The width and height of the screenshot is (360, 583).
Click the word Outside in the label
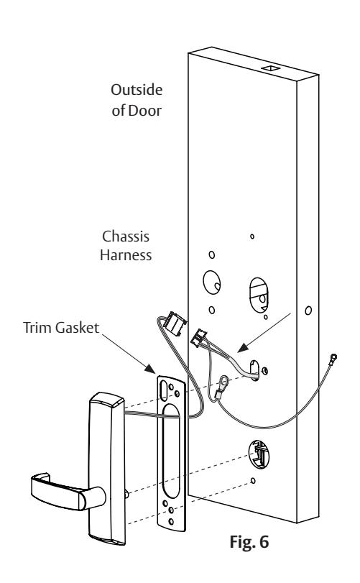[x=137, y=90]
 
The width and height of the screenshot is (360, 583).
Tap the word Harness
[x=126, y=255]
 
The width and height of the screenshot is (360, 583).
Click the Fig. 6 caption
[x=249, y=541]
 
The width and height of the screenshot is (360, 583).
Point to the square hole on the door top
[x=270, y=68]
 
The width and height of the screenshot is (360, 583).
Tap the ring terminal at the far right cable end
[x=333, y=359]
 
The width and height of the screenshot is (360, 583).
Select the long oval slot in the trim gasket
[x=171, y=451]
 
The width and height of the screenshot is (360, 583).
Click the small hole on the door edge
[x=308, y=310]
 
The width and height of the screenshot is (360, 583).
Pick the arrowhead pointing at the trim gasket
[x=150, y=369]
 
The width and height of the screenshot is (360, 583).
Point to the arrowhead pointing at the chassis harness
[x=242, y=348]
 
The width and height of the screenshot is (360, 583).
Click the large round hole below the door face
[x=259, y=454]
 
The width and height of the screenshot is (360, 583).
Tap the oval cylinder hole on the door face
[x=259, y=295]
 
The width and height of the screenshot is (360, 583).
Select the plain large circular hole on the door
[x=212, y=283]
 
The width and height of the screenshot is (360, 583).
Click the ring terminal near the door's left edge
[x=223, y=382]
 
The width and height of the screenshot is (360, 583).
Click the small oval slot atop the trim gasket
[x=163, y=390]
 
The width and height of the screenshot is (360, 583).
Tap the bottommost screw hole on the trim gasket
[x=171, y=521]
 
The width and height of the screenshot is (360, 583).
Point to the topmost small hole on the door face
[x=252, y=236]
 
